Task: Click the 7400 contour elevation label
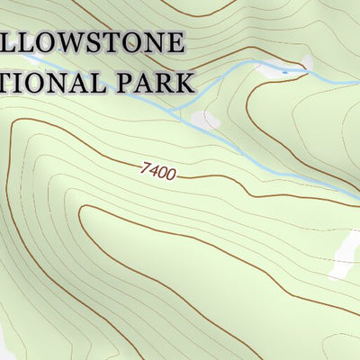[157, 170]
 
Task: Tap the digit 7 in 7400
[145, 166]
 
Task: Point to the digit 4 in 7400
[153, 169]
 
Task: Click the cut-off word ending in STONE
[90, 43]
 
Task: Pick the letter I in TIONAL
[20, 82]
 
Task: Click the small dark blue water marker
[285, 70]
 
